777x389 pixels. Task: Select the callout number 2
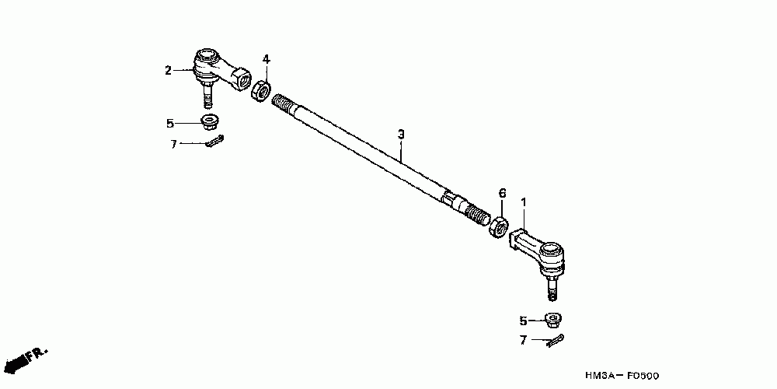click(167, 71)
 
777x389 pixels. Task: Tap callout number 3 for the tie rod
click(401, 135)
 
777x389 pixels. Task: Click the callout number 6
click(502, 193)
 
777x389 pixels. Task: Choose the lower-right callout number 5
click(523, 320)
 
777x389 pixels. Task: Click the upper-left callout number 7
click(174, 144)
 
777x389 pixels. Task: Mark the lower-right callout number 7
click(523, 340)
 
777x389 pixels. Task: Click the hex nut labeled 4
click(261, 90)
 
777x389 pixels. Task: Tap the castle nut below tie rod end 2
click(208, 121)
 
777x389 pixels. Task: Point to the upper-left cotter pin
click(215, 142)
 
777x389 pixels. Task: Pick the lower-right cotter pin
click(556, 340)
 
